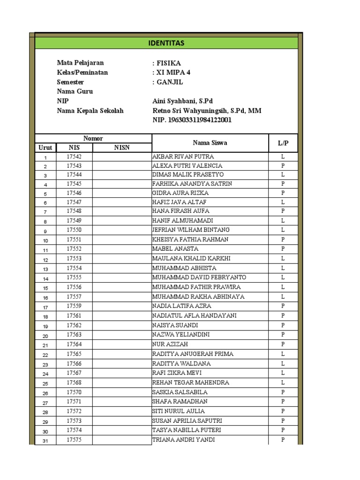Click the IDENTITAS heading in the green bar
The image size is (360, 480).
click(166, 44)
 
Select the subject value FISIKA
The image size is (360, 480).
click(168, 63)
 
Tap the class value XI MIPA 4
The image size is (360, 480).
click(173, 73)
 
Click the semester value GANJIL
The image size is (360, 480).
click(169, 82)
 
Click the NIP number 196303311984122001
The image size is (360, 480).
click(192, 120)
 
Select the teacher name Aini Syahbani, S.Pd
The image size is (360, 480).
click(182, 101)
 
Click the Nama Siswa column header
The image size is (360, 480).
click(210, 143)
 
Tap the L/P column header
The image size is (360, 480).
click(283, 143)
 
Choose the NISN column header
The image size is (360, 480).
click(122, 148)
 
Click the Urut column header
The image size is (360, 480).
click(45, 148)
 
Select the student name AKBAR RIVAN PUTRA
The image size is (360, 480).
click(183, 157)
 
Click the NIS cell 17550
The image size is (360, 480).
click(74, 230)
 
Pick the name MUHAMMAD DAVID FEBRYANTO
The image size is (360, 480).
click(199, 277)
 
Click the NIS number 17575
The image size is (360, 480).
click(74, 440)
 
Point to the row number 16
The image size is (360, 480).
click(45, 297)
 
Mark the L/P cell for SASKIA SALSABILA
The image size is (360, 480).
click(283, 392)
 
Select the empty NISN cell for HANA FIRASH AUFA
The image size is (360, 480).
click(122, 211)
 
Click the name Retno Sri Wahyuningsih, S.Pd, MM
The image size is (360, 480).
click(207, 111)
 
